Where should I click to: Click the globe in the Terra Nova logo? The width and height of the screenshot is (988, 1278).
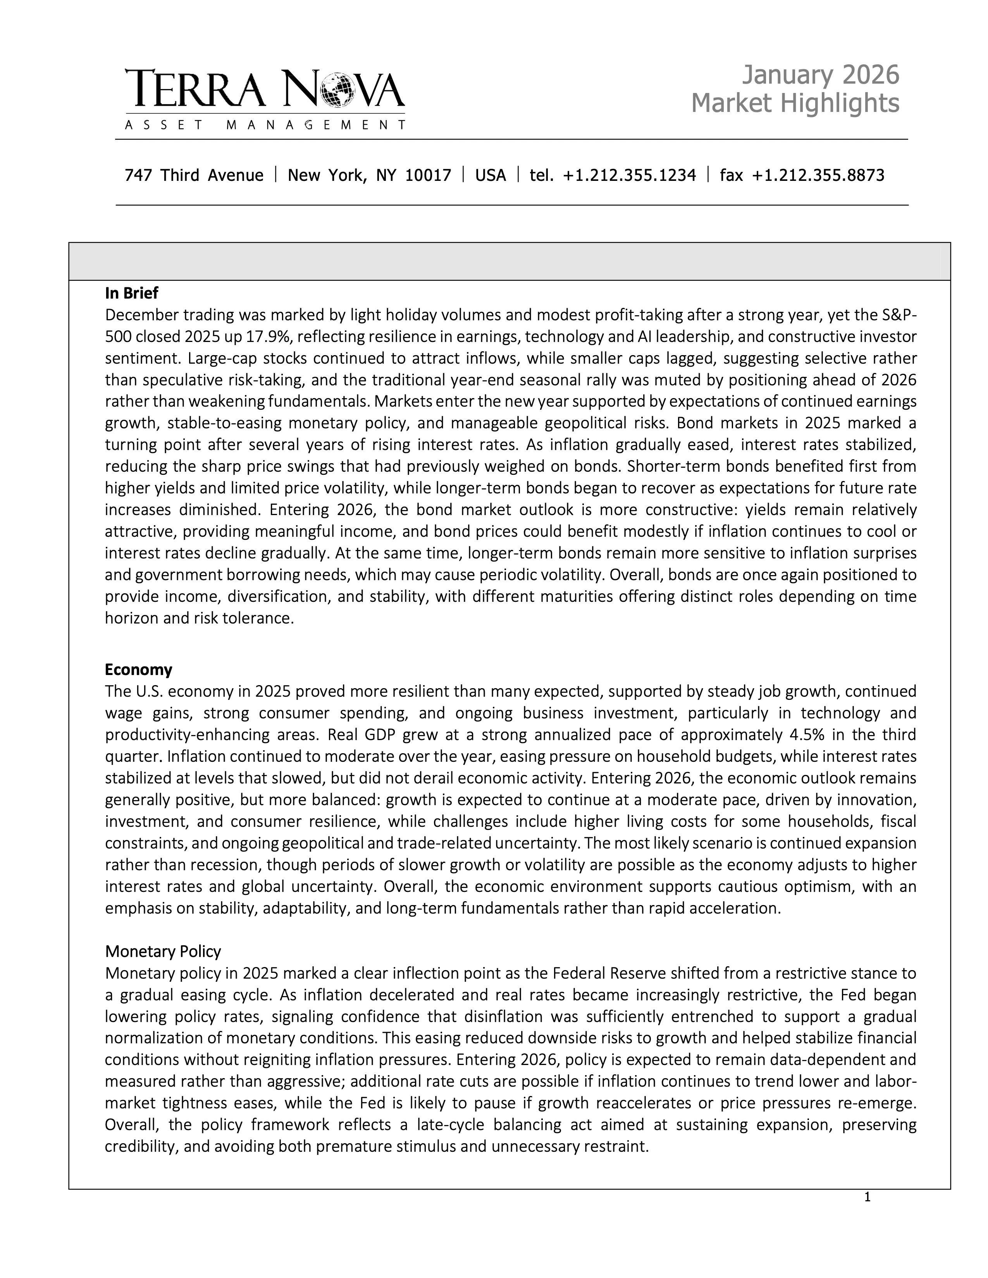[340, 89]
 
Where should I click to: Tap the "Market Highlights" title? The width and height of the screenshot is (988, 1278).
[795, 103]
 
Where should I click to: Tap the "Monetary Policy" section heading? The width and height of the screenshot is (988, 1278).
[163, 952]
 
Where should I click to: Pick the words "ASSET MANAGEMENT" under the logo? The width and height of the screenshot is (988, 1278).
[265, 125]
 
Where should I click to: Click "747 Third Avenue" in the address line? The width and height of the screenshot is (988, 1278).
[194, 175]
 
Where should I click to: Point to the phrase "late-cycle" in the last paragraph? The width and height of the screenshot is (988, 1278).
[450, 1125]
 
